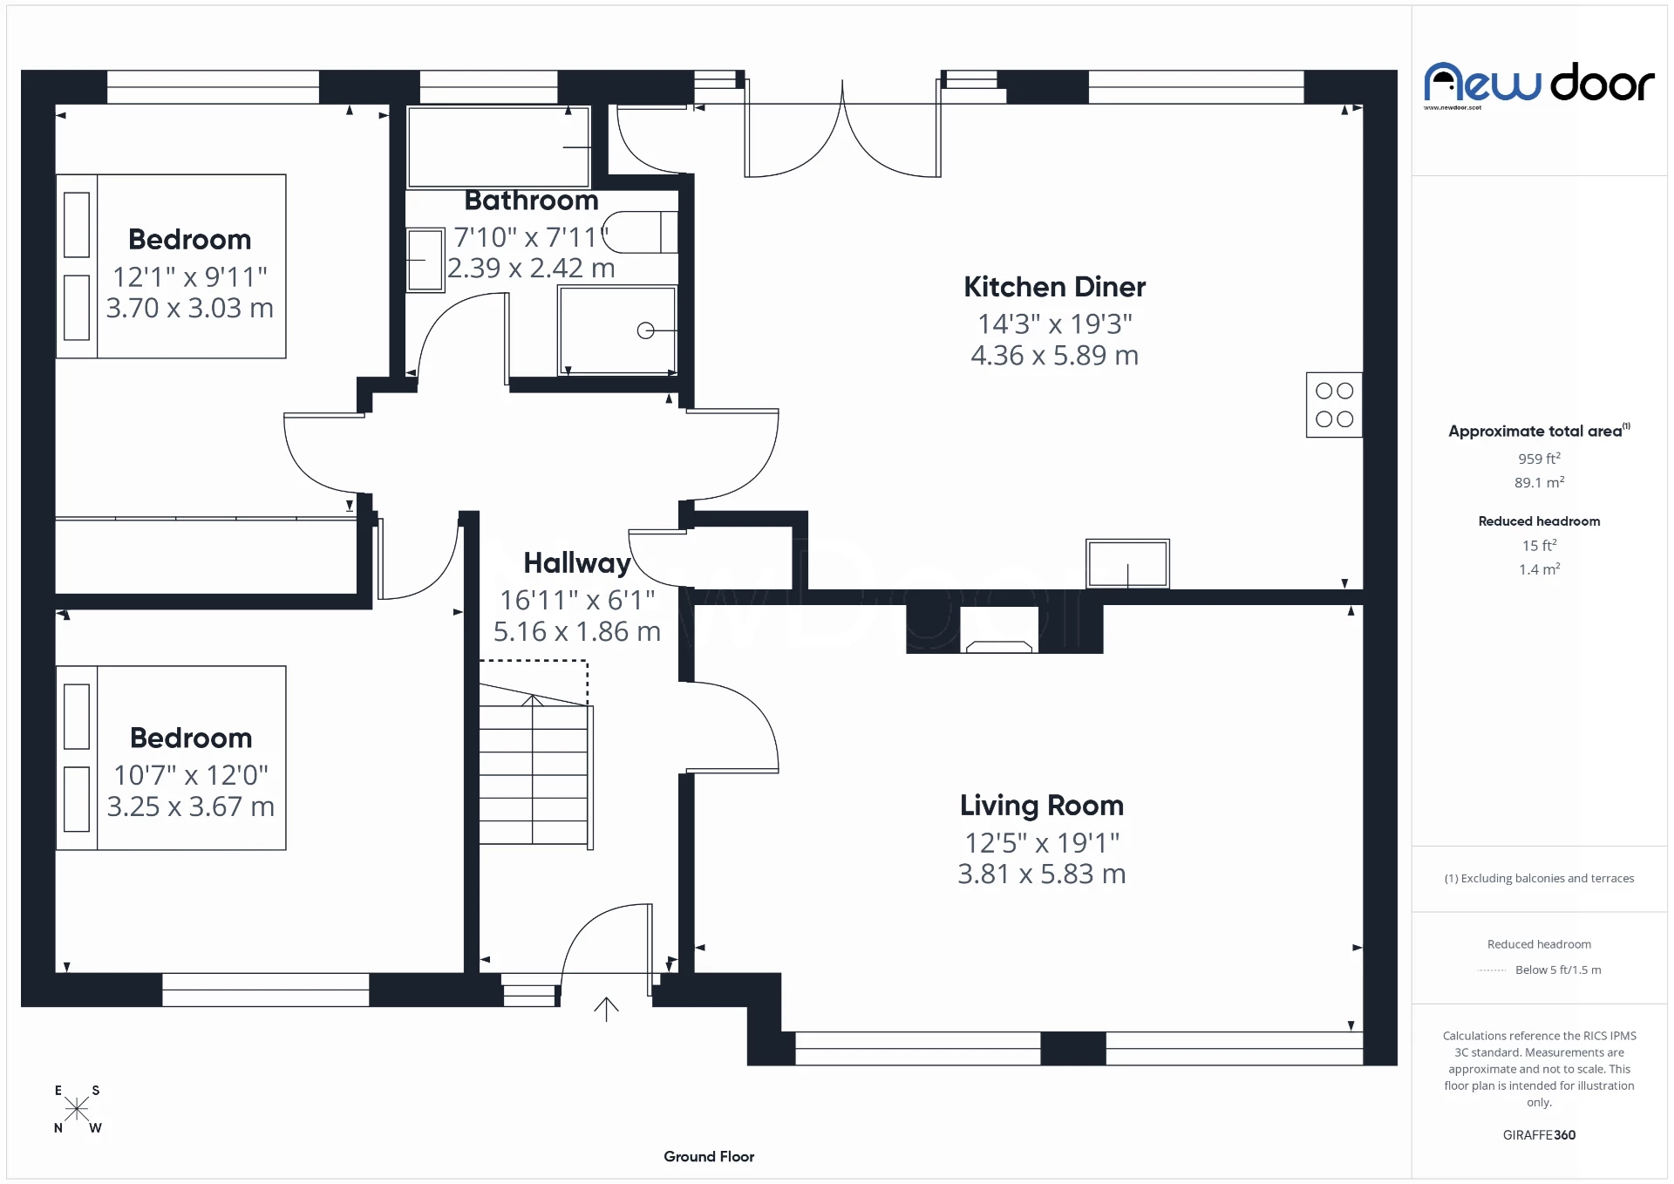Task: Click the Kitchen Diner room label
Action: click(1054, 287)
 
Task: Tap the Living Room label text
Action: click(1041, 806)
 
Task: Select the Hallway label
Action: click(576, 563)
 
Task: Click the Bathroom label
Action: click(531, 201)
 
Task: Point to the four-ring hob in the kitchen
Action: click(1333, 405)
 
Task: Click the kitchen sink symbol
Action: click(1126, 563)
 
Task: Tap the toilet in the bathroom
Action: click(641, 232)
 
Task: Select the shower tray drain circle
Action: click(645, 330)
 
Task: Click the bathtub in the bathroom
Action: click(498, 146)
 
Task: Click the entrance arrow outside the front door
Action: click(606, 1009)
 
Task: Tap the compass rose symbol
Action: click(77, 1109)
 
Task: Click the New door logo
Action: click(1539, 85)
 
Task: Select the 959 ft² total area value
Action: click(1539, 459)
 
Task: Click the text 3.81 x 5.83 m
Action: click(1041, 874)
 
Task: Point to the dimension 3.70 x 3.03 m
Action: click(189, 308)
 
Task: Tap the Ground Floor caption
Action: click(708, 1156)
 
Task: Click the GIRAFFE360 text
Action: click(1539, 1134)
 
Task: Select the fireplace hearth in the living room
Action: click(999, 646)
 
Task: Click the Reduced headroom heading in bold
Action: click(1539, 521)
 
